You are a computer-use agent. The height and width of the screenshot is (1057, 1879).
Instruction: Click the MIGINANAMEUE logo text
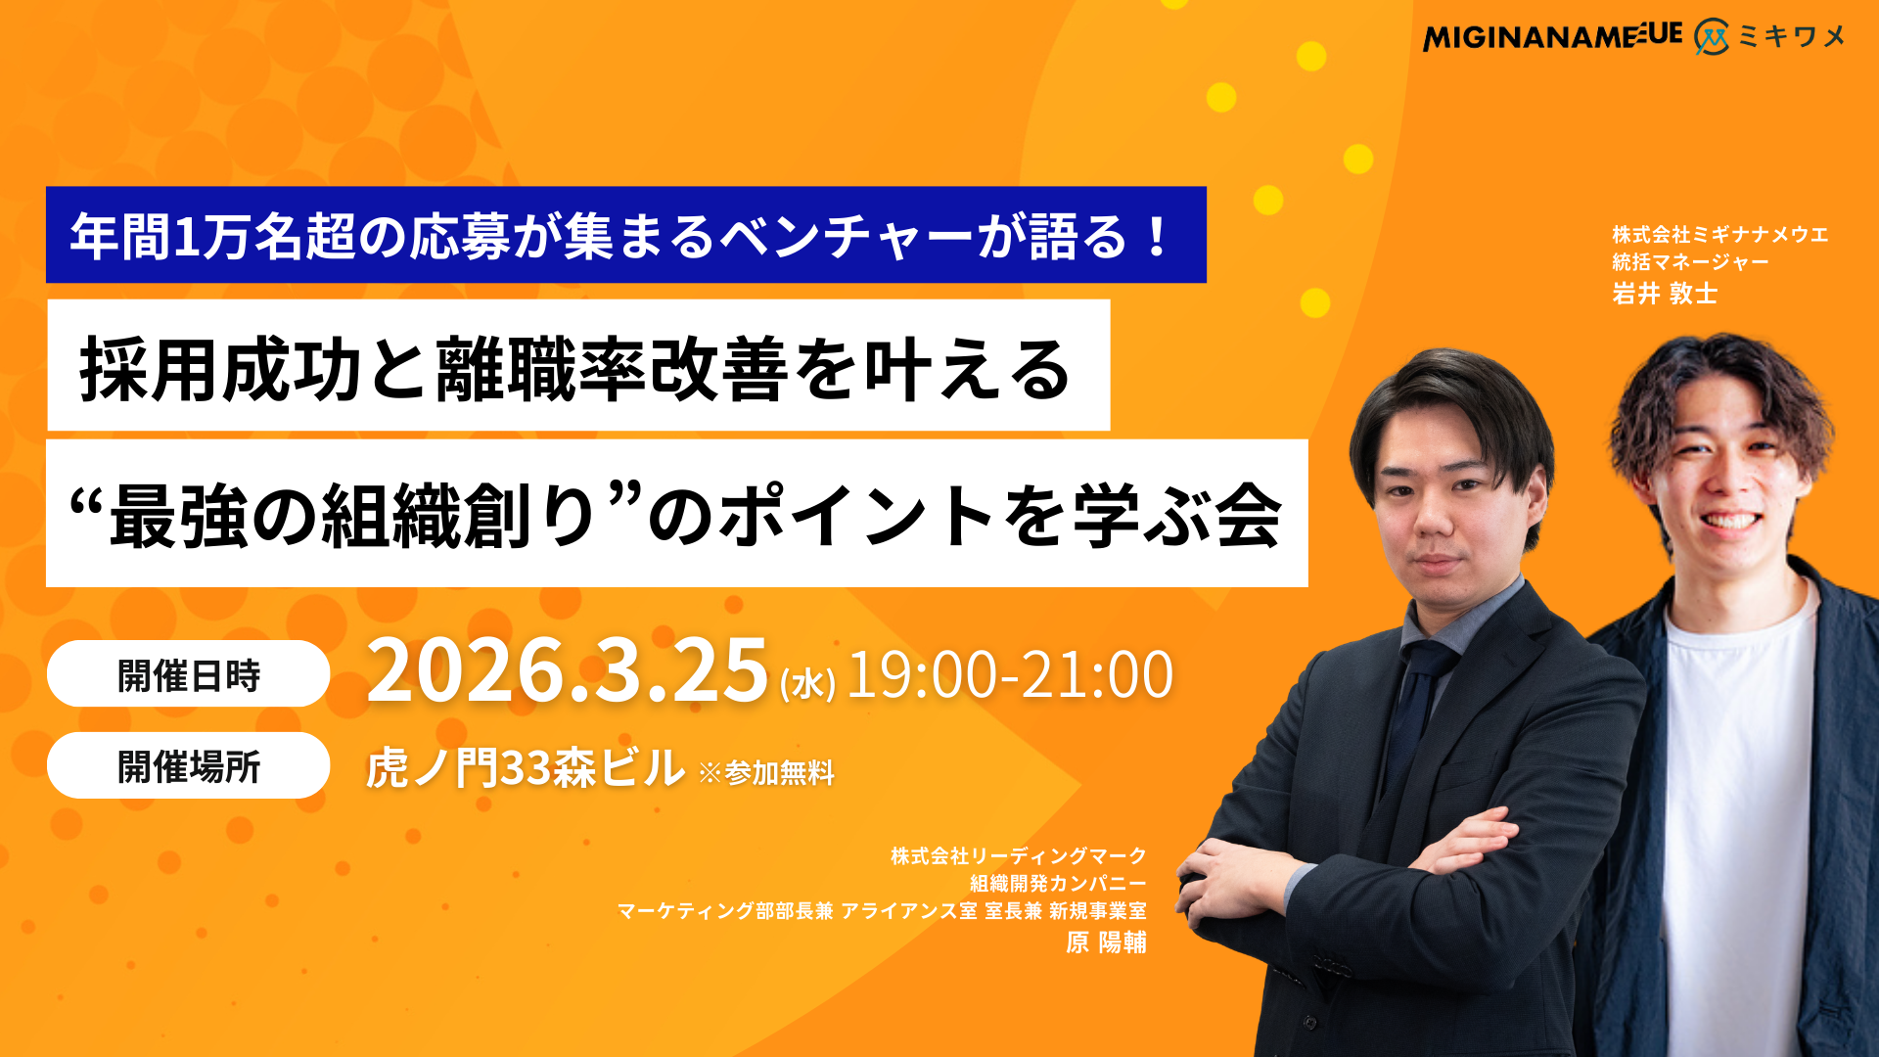[x=1552, y=37]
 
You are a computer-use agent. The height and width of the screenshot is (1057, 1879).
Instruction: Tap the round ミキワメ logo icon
[x=1712, y=37]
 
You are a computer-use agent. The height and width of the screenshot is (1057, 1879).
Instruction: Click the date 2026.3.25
[x=568, y=670]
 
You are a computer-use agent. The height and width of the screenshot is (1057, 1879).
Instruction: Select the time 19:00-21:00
[x=1010, y=674]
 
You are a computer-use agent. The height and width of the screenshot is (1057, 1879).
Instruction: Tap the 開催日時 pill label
[x=188, y=674]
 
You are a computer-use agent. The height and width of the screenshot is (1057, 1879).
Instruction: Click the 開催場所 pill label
[x=188, y=766]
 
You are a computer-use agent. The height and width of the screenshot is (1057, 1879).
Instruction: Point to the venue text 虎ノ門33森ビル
[x=526, y=767]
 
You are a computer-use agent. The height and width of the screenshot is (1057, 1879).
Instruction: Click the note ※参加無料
[x=766, y=773]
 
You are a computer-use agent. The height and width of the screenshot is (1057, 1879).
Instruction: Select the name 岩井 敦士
[x=1665, y=294]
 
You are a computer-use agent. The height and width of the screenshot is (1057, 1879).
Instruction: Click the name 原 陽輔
[x=1106, y=942]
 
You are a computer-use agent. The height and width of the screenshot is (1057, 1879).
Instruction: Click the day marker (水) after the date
[x=807, y=683]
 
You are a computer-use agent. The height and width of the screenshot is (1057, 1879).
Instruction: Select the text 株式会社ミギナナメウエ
[x=1720, y=235]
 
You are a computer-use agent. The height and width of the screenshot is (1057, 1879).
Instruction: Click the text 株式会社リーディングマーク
[x=1018, y=856]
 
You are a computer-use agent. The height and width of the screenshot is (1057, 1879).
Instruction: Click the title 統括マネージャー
[x=1690, y=262]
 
